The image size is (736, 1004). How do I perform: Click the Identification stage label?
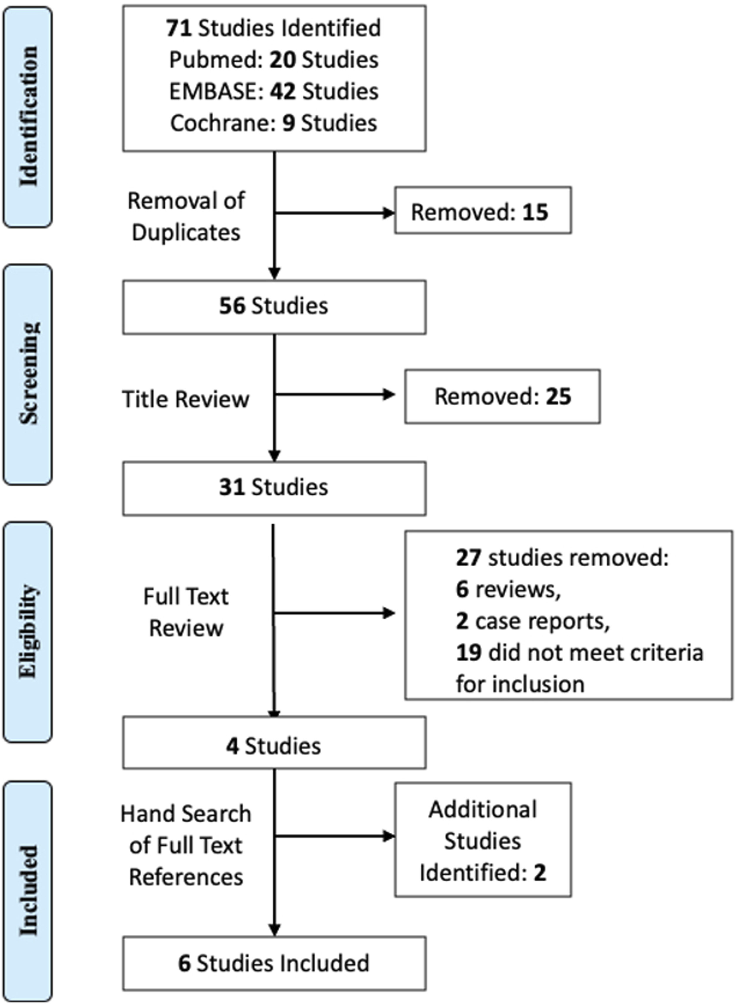(x=28, y=117)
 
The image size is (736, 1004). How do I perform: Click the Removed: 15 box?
(x=483, y=210)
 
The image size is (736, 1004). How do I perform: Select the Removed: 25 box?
(x=502, y=396)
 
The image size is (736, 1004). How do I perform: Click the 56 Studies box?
(x=274, y=307)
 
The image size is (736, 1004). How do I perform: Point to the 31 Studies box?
(x=274, y=488)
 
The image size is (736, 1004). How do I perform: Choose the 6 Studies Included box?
(x=274, y=963)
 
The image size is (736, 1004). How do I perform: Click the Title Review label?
(x=186, y=399)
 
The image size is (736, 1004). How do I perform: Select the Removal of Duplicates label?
(x=186, y=217)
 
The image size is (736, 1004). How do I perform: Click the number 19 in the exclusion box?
(x=469, y=652)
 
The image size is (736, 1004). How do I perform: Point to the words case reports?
(x=542, y=622)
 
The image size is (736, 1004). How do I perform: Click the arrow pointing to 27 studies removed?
(x=334, y=613)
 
